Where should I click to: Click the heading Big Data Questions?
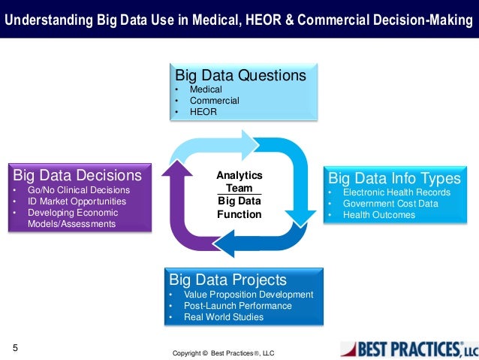pyautogui.click(x=240, y=76)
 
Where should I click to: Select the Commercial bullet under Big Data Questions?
pyautogui.click(x=214, y=101)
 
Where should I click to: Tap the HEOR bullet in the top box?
pyautogui.click(x=203, y=112)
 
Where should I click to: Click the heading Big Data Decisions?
pyautogui.click(x=77, y=176)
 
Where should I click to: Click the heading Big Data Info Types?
pyautogui.click(x=394, y=179)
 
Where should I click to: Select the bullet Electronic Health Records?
pyautogui.click(x=396, y=192)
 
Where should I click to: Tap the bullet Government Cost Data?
pyautogui.click(x=390, y=204)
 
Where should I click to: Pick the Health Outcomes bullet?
pyautogui.click(x=378, y=215)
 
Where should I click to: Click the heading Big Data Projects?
pyautogui.click(x=228, y=280)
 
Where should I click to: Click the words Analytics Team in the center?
pyautogui.click(x=239, y=181)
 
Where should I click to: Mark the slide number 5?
pyautogui.click(x=14, y=347)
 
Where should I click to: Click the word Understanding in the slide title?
pyautogui.click(x=44, y=19)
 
